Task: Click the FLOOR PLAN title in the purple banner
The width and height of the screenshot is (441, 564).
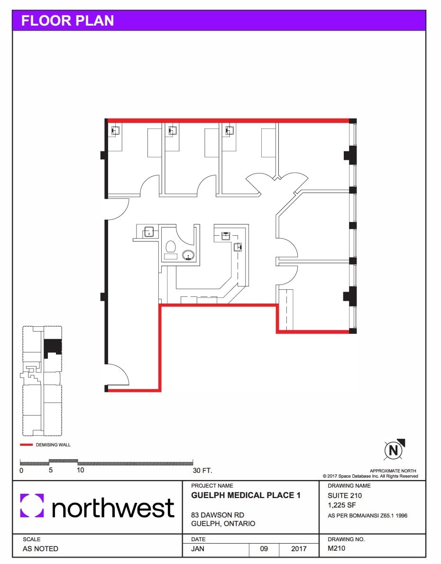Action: coord(68,21)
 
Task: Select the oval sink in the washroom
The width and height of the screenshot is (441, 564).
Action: coord(189,256)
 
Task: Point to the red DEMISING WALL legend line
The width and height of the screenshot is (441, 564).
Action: coord(27,445)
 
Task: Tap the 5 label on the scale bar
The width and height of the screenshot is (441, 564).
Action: coord(50,471)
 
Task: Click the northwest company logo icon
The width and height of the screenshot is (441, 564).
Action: coord(32,506)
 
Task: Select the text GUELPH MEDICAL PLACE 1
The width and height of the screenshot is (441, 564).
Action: coord(246,496)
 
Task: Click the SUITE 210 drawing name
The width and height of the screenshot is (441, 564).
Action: coord(345,496)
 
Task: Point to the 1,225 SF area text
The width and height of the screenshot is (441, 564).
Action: coord(342,505)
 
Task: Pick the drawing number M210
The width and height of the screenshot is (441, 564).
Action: coord(337,549)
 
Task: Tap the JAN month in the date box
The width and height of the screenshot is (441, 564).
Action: coord(198,549)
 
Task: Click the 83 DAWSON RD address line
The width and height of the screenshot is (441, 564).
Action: coord(218,515)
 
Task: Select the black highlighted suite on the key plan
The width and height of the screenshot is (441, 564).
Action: coord(52,348)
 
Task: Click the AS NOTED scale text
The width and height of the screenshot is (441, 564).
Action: coord(40,549)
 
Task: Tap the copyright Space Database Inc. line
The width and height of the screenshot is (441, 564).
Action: coord(370,476)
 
